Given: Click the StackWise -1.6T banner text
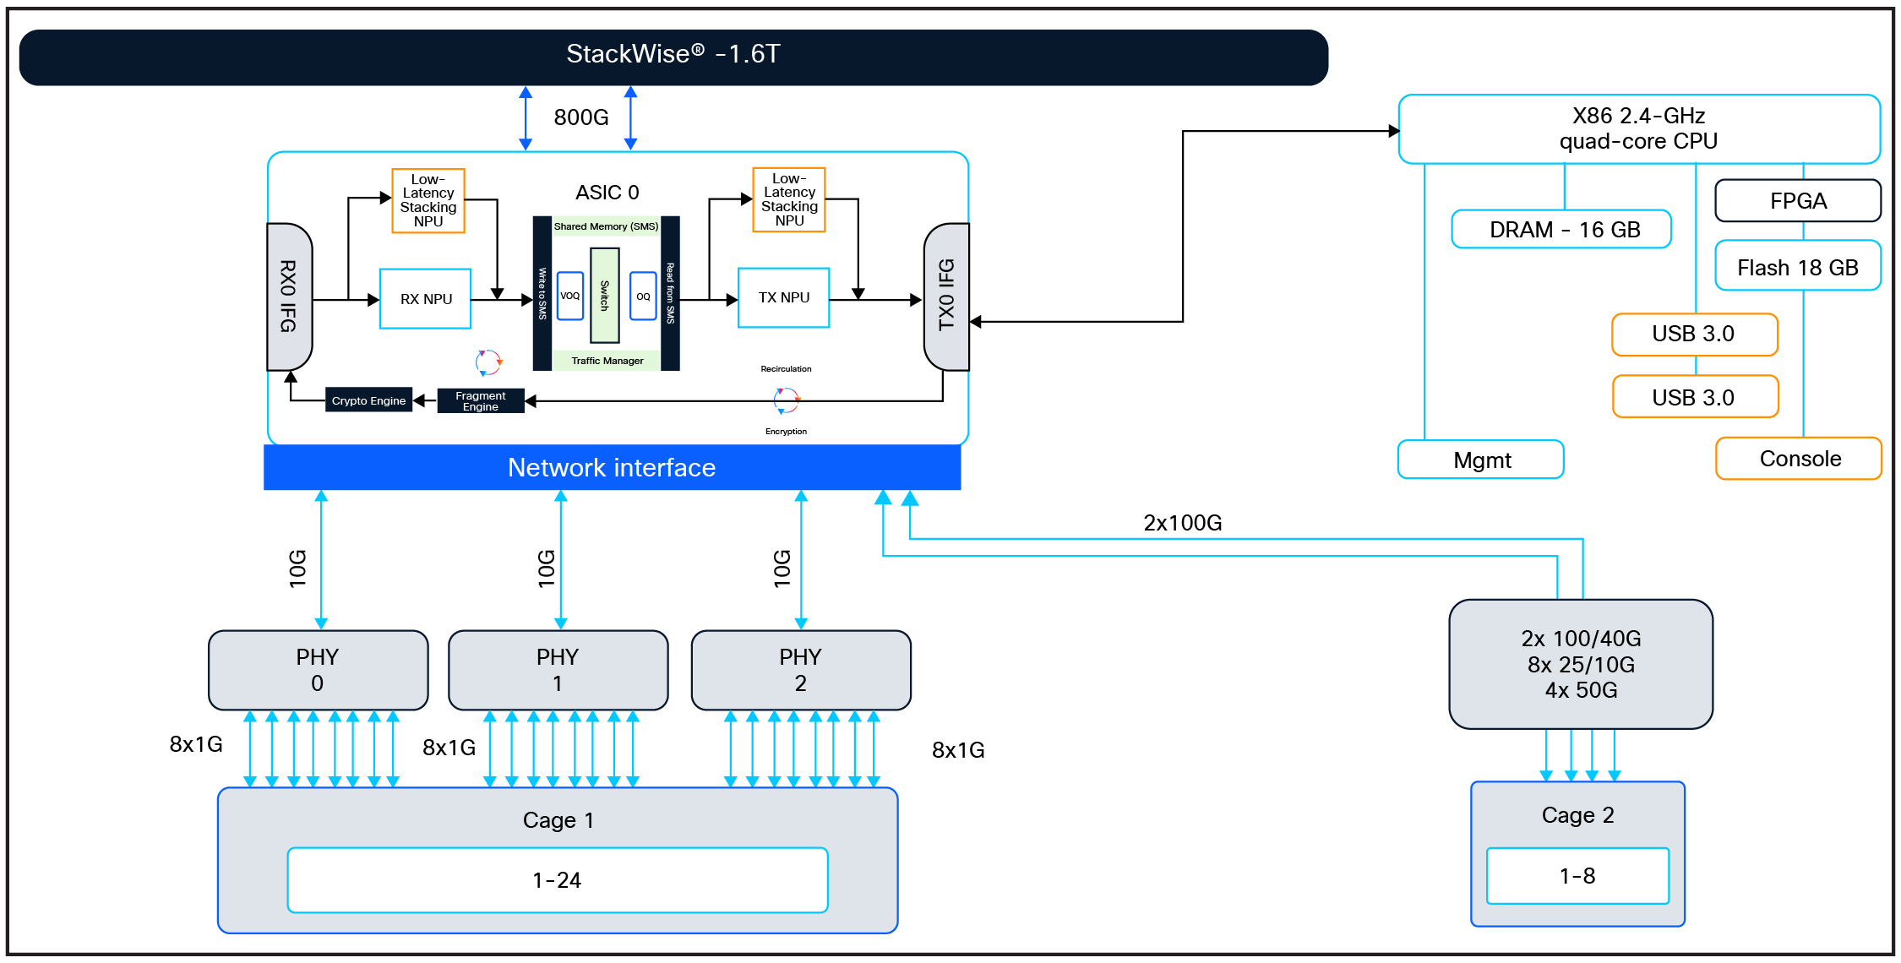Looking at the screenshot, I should point(673,54).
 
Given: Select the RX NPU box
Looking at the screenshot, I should point(425,299).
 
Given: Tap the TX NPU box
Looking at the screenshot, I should point(783,297).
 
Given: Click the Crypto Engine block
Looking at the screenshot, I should point(368,400).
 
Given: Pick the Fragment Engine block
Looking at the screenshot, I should point(480,400).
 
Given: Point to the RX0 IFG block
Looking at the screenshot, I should point(289,297).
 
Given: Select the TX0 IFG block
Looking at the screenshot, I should point(946,297).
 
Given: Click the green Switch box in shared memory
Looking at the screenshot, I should point(604,295).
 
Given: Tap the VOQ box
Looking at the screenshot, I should point(570,296).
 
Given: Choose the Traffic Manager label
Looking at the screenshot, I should point(607,361).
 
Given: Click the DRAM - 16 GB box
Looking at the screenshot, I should point(1561,230).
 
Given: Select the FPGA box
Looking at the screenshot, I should point(1797,201).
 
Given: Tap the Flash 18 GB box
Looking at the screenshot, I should point(1797,267).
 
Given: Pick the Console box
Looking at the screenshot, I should point(1799,459).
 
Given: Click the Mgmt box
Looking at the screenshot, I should point(1481,460).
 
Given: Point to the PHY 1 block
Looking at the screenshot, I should point(558,670).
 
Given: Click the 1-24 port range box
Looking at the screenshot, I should point(557,880).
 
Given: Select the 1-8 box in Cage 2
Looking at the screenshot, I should point(1577,876).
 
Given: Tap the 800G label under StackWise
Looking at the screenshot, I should point(580,117).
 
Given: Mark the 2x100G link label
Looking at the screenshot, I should point(1182,523).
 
